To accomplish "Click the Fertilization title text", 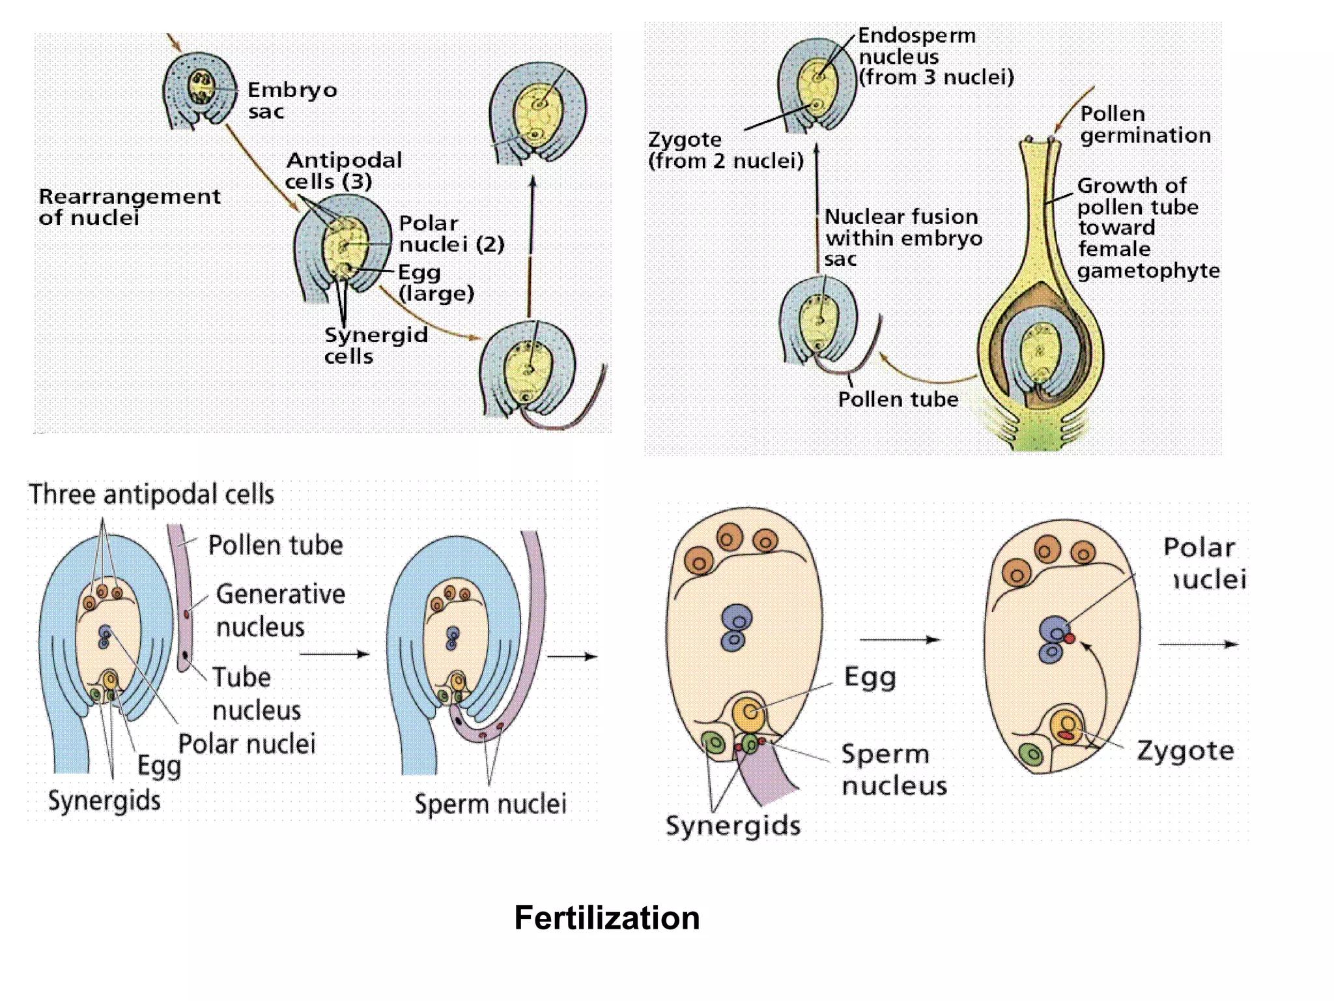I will tap(606, 918).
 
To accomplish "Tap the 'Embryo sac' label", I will tap(291, 100).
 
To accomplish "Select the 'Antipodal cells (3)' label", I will tap(343, 170).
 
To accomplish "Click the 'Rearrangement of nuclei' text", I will tap(129, 207).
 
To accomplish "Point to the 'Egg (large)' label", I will tap(435, 283).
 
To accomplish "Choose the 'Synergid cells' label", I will tap(375, 345).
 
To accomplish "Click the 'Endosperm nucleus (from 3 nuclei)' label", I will tap(935, 57).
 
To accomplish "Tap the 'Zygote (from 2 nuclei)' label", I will tap(725, 150).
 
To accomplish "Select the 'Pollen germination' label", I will tap(1144, 124).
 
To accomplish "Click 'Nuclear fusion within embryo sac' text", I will tap(902, 237).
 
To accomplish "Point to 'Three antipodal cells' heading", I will tap(151, 494).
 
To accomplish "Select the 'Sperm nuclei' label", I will tap(490, 804).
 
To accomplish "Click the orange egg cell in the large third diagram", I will tap(749, 712).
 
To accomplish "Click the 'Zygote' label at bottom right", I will tap(1185, 751).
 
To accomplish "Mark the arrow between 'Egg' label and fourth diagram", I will tap(900, 639).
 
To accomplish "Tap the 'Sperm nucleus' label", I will tap(894, 770).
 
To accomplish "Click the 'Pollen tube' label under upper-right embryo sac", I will tap(898, 399).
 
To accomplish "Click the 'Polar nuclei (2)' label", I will tap(451, 233).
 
